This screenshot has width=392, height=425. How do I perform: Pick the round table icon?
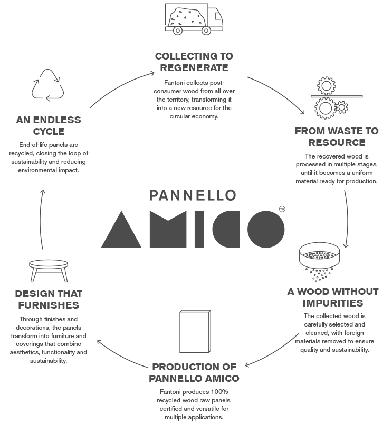[x=49, y=268]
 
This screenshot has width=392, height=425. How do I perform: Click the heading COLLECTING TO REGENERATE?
[x=194, y=62]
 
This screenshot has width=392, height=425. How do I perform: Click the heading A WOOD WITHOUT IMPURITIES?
[x=332, y=297]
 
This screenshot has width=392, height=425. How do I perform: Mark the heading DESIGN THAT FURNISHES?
[x=49, y=299]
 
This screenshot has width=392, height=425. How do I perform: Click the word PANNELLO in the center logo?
[x=192, y=195]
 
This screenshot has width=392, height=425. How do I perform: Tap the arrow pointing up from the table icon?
[x=42, y=216]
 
